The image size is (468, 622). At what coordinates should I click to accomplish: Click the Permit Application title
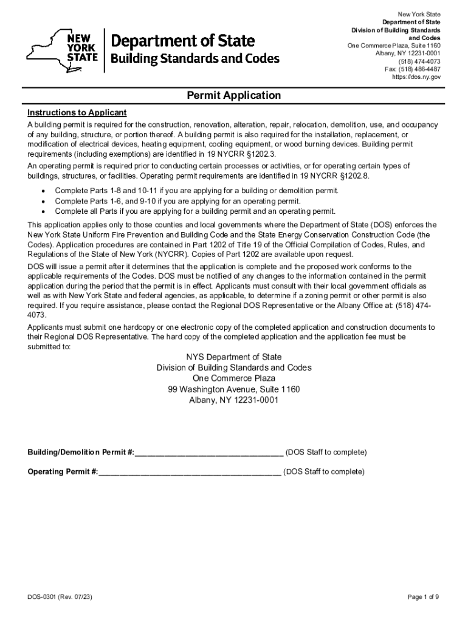pos(233,95)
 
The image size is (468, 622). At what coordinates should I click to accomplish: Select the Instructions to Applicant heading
pos(77,113)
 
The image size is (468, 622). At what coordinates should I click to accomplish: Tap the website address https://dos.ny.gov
pos(416,77)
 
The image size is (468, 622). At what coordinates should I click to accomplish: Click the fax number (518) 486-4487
pos(413,69)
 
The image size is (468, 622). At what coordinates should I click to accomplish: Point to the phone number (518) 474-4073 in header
pos(419,61)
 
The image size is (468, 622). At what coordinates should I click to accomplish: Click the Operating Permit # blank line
pos(190,472)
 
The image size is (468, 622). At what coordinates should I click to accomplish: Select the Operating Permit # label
pos(63,472)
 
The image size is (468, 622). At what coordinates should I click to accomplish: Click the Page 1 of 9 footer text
pos(423,597)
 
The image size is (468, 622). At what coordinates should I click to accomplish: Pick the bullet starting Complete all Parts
pos(194,211)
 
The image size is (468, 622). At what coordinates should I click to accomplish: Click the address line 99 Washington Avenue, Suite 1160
pos(234,389)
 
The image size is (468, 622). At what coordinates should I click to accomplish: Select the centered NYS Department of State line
pos(234,357)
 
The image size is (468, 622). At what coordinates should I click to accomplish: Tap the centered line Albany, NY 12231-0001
pos(234,400)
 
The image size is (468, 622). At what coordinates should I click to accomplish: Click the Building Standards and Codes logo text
pos(194,59)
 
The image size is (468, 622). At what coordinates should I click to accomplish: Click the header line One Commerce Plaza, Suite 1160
pos(394,46)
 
